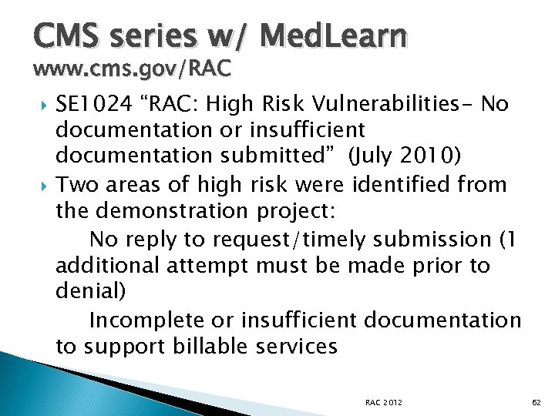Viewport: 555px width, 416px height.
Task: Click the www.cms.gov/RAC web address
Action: coord(131,69)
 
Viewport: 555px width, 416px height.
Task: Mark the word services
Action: coord(294,347)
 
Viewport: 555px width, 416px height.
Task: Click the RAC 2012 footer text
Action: coord(383,403)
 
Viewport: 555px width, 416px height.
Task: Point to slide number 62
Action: coord(537,403)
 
